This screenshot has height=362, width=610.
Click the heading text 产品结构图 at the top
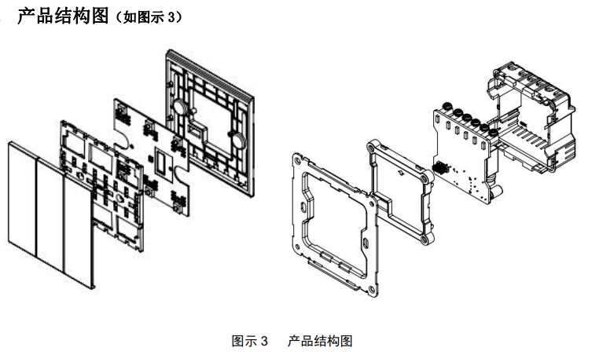click(x=61, y=15)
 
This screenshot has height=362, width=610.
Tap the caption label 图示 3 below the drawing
click(x=250, y=342)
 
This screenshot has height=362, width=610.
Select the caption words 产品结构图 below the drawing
click(x=320, y=342)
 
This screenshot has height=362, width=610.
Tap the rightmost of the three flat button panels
click(x=77, y=228)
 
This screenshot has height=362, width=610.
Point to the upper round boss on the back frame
click(x=178, y=107)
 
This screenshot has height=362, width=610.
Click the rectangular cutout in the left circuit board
click(x=163, y=162)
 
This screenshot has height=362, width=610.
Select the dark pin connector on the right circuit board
click(x=440, y=168)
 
